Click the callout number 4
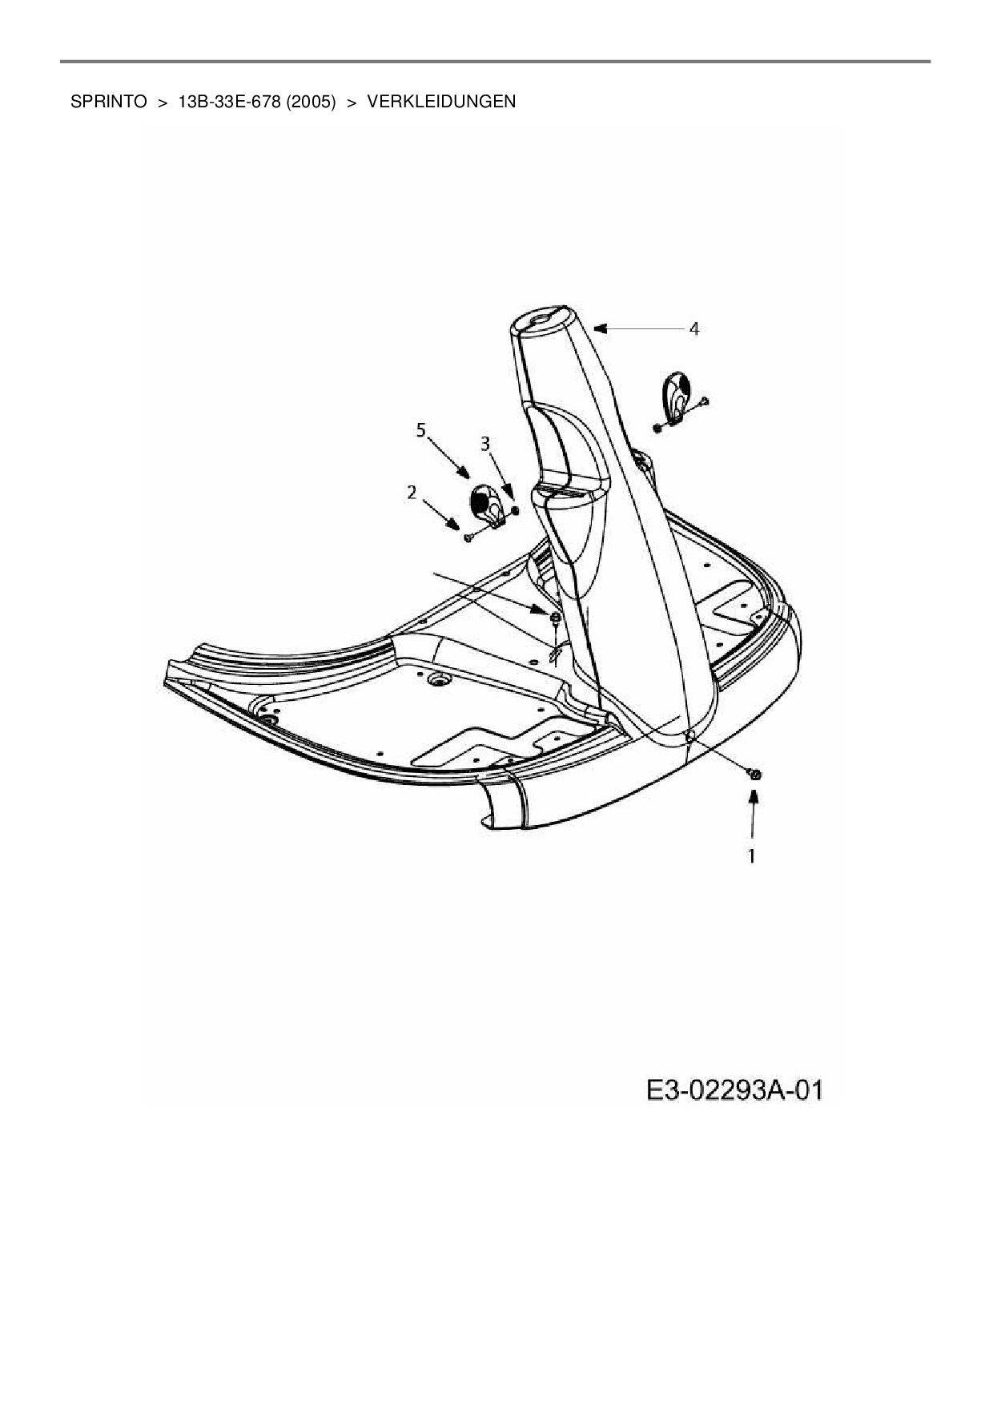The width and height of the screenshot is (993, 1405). pyautogui.click(x=694, y=328)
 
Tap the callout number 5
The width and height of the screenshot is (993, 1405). pyautogui.click(x=421, y=430)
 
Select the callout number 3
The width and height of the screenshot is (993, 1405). pyautogui.click(x=485, y=442)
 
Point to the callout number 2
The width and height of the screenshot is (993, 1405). pyautogui.click(x=412, y=492)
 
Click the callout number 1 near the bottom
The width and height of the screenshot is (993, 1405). pyautogui.click(x=752, y=855)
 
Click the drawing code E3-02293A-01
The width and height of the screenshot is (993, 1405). pyautogui.click(x=734, y=1090)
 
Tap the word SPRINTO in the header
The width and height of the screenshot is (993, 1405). pyautogui.click(x=109, y=102)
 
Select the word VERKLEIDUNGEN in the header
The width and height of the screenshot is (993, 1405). pyautogui.click(x=441, y=102)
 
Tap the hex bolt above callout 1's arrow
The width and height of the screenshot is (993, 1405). pyautogui.click(x=753, y=773)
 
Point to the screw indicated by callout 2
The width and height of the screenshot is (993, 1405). pyautogui.click(x=469, y=537)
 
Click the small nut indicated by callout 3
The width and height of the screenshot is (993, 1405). pyautogui.click(x=514, y=510)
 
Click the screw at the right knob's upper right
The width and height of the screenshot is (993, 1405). pyautogui.click(x=705, y=400)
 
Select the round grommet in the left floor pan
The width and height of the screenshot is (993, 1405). pyautogui.click(x=437, y=679)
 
